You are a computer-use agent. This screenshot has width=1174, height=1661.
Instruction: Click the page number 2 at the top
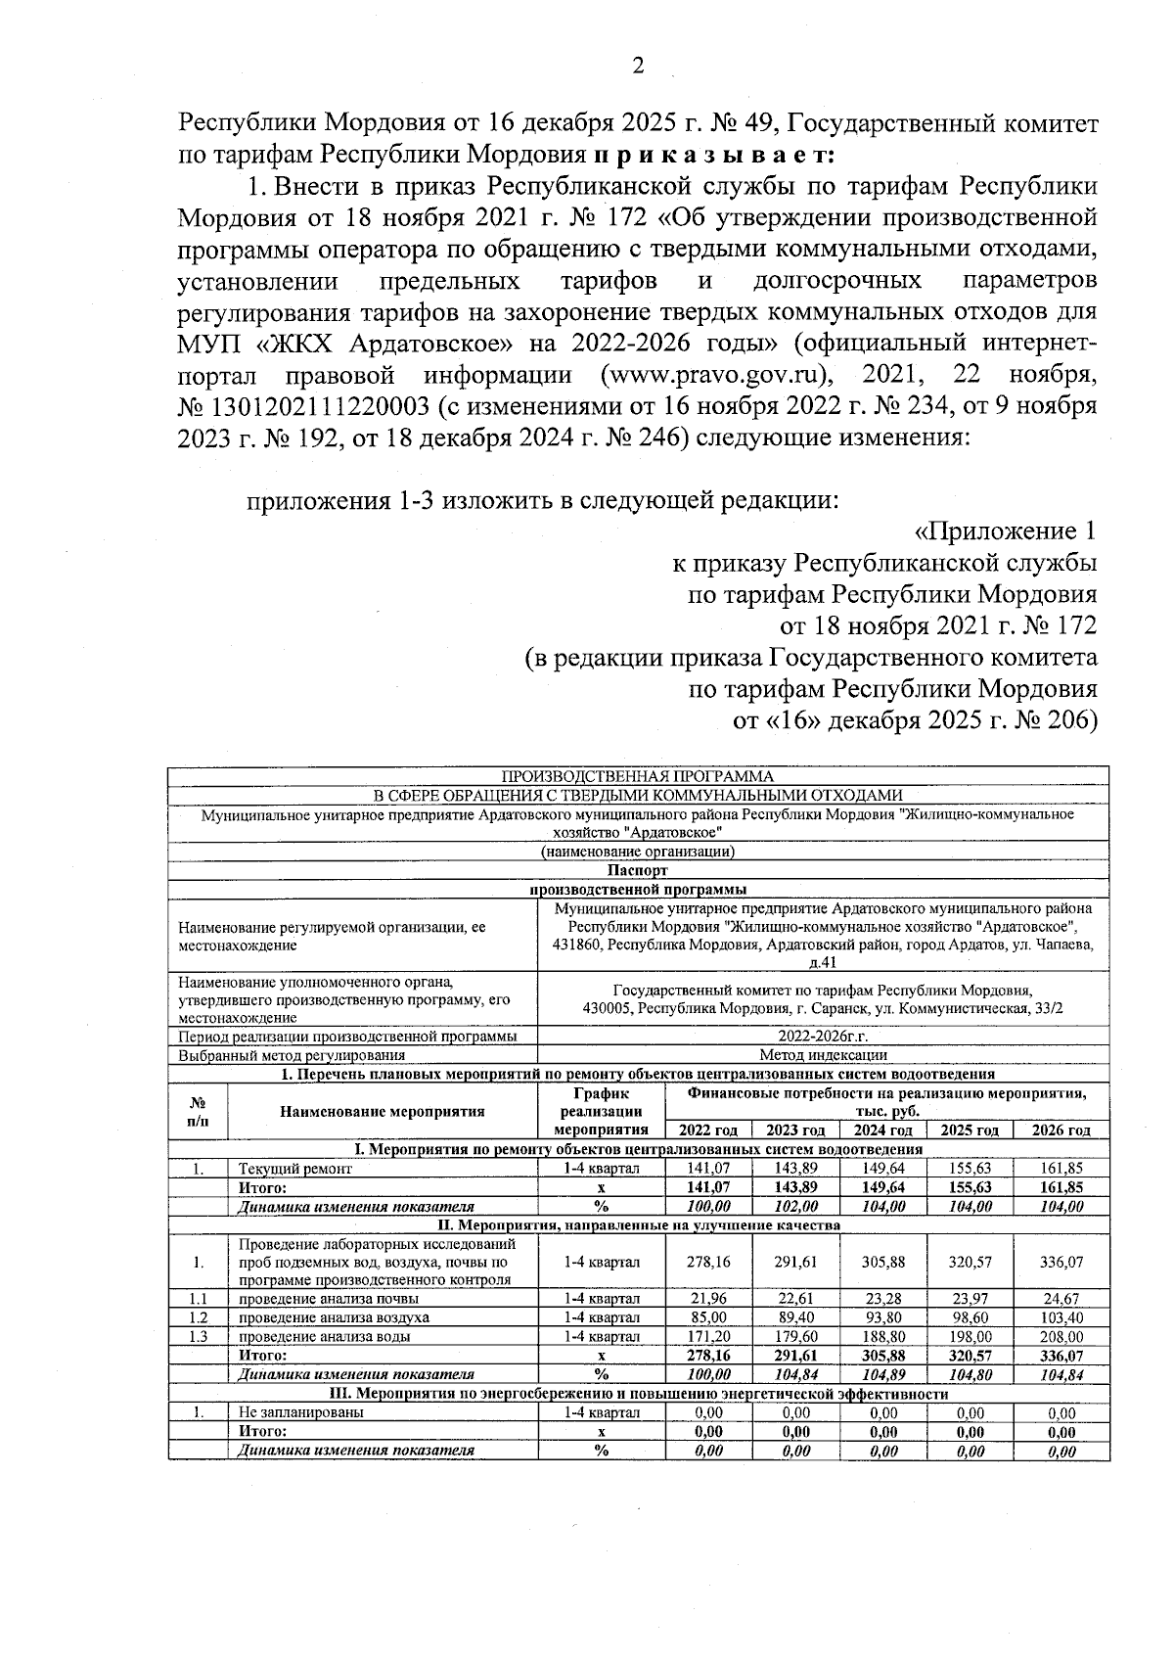(638, 67)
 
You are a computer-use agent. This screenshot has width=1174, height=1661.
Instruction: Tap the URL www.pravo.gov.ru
(716, 375)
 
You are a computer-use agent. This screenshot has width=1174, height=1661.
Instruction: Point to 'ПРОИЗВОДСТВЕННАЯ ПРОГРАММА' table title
(637, 776)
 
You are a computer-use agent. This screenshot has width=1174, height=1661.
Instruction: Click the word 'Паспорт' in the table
(637, 870)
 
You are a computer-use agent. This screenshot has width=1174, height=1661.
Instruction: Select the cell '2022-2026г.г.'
(823, 1037)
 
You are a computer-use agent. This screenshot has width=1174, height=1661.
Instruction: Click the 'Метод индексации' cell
(823, 1055)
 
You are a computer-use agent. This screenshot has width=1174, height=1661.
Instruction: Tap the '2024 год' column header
(882, 1130)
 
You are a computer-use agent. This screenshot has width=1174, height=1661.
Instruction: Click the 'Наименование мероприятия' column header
(382, 1111)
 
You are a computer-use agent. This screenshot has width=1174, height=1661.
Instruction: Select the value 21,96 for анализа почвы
(708, 1299)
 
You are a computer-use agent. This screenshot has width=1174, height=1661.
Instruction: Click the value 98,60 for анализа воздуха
(970, 1317)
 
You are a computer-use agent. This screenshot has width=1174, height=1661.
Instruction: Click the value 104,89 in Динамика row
(882, 1374)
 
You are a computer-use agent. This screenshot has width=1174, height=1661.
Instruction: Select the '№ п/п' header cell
(197, 1111)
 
